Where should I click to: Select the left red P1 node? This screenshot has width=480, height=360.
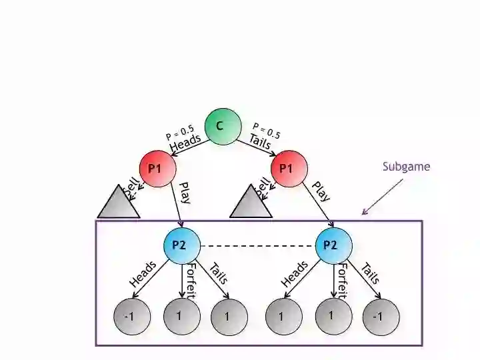(157, 168)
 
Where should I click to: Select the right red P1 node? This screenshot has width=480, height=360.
(287, 168)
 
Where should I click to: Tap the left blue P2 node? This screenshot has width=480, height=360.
(181, 245)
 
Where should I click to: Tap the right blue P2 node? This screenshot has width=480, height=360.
(332, 245)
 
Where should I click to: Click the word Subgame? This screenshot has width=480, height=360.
(406, 167)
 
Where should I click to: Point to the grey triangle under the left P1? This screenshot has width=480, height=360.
(119, 205)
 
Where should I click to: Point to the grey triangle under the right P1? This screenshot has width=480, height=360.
(251, 205)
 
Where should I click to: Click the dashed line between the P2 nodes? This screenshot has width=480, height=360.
(257, 245)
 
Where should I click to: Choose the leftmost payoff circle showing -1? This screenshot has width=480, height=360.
(129, 316)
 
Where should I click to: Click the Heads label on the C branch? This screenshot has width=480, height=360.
(185, 143)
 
